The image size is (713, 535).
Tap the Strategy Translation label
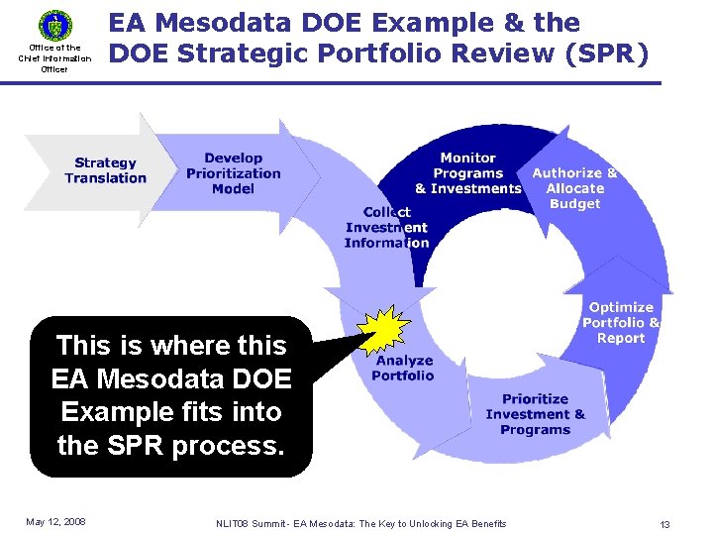coord(105,170)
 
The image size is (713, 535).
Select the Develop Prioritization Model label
coord(234,173)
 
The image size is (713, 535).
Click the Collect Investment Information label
coord(387,227)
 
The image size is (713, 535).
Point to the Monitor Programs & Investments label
coord(467,173)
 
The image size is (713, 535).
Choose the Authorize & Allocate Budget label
coord(574,187)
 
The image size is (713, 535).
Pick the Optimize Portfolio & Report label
coord(621,323)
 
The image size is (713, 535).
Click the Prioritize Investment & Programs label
coord(535,414)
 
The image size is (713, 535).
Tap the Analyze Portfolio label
coord(403,369)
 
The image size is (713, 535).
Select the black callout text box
coord(170,396)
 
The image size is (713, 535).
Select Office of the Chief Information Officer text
coord(54,58)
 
